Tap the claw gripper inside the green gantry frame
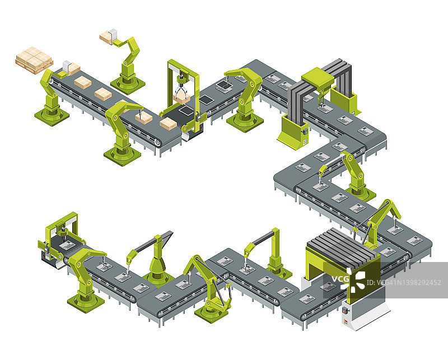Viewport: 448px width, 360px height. pos(181,87)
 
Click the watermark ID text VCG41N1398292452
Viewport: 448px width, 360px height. pos(403,283)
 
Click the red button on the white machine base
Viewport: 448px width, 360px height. pos(346,322)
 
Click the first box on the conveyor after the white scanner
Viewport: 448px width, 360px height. pos(82,82)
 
